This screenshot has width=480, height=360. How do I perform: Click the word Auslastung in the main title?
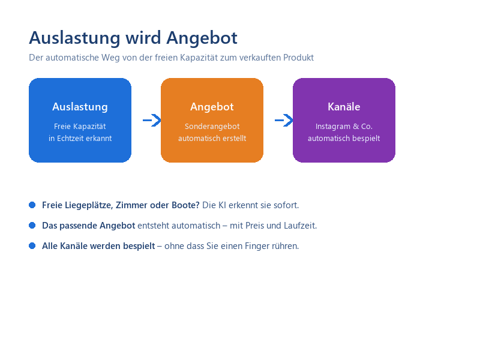click(x=74, y=38)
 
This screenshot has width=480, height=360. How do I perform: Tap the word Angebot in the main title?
click(x=202, y=38)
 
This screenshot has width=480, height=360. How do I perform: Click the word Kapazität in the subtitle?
click(x=199, y=58)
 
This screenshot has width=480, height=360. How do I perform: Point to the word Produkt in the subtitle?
click(x=298, y=58)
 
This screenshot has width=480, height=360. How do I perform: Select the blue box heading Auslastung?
click(x=80, y=107)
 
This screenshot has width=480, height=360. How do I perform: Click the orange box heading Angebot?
click(x=212, y=107)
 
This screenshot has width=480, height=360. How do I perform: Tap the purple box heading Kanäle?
click(x=344, y=107)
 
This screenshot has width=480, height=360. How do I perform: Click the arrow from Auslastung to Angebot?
click(x=152, y=121)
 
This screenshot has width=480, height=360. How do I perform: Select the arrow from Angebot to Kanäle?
click(x=284, y=121)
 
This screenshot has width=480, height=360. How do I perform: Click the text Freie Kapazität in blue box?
click(x=80, y=127)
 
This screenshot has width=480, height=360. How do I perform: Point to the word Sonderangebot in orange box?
click(x=212, y=127)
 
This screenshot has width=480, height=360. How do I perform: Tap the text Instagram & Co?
click(x=344, y=127)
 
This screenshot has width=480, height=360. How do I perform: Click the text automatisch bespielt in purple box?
click(x=344, y=139)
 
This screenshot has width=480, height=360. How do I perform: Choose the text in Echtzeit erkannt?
click(x=80, y=139)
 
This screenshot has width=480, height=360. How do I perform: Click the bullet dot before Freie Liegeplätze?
click(x=32, y=205)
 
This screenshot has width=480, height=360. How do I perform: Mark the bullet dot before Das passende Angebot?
click(x=32, y=226)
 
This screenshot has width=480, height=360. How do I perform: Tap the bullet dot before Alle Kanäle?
click(x=32, y=246)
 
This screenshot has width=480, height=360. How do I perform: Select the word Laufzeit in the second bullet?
click(x=301, y=226)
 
